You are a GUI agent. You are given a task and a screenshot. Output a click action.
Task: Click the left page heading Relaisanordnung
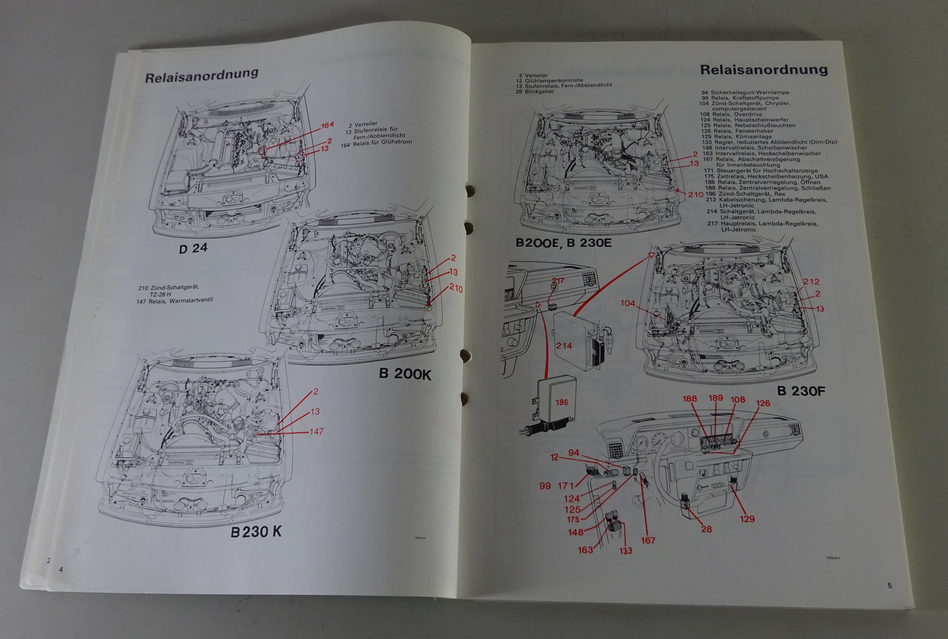click(201, 75)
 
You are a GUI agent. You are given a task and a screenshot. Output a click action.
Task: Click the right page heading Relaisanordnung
click(764, 69)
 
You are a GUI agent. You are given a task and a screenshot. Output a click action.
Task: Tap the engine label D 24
click(193, 248)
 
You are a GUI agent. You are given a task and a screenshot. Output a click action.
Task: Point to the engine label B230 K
click(256, 532)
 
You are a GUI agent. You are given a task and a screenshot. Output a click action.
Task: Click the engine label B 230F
click(801, 391)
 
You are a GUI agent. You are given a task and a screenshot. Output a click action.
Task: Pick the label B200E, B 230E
click(563, 242)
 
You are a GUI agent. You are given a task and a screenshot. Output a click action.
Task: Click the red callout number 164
click(328, 125)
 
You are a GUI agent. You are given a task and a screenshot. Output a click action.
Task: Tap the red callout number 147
click(316, 431)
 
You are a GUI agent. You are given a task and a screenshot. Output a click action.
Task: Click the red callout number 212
click(811, 282)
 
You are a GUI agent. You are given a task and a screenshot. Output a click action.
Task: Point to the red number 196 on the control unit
click(562, 402)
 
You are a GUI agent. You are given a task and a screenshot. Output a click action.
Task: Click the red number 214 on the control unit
click(563, 345)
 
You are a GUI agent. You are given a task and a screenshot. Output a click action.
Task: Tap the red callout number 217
click(558, 281)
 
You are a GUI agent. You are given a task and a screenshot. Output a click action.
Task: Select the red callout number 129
click(747, 519)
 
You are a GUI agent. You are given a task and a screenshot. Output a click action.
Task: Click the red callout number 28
click(706, 529)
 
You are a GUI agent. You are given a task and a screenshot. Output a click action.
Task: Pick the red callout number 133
click(625, 550)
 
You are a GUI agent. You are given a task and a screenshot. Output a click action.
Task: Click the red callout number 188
click(690, 399)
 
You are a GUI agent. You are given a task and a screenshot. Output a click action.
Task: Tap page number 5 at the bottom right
click(889, 585)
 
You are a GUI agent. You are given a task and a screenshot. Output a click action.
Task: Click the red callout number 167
click(648, 540)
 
